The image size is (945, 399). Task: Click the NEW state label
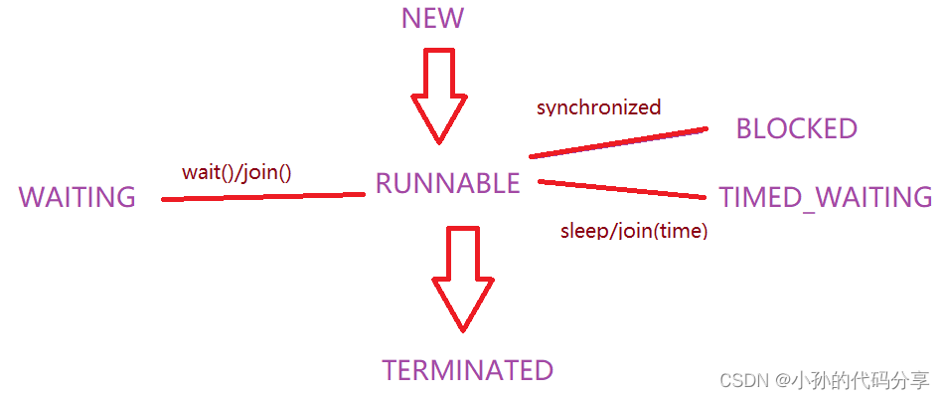click(432, 19)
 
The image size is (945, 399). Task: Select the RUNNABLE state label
click(447, 183)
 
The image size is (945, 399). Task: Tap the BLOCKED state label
click(796, 128)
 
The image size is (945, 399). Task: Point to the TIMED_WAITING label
click(826, 197)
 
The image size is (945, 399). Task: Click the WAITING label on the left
click(77, 197)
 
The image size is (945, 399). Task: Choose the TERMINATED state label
click(467, 370)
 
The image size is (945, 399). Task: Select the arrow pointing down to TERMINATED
click(462, 278)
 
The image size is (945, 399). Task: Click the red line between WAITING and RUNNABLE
click(263, 197)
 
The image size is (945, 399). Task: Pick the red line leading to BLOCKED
click(616, 142)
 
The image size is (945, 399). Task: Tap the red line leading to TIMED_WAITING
click(621, 188)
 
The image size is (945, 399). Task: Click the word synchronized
click(598, 107)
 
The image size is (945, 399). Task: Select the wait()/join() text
click(236, 172)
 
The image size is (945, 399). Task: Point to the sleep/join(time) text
click(634, 232)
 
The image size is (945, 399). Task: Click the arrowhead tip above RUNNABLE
click(438, 142)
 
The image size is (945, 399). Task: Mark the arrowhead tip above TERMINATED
click(462, 328)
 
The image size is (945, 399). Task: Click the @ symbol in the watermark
click(784, 381)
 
